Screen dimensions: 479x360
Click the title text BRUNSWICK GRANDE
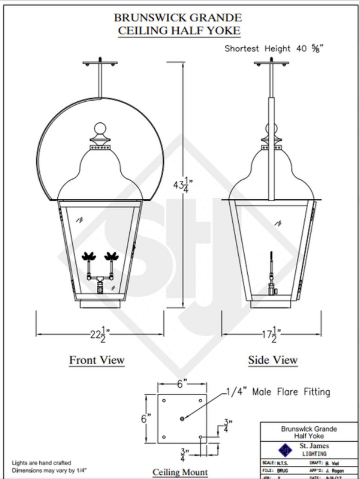(x=178, y=18)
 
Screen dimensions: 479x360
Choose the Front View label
(x=97, y=360)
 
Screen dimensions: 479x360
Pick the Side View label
(x=273, y=360)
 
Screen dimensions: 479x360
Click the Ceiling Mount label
(x=180, y=472)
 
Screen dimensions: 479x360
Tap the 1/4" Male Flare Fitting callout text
(x=278, y=392)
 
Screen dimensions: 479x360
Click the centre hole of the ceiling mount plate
(x=182, y=418)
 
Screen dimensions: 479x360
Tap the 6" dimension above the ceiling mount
(x=182, y=384)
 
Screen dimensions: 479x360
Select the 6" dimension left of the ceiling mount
(x=146, y=418)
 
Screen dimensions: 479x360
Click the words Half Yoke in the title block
(x=309, y=436)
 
